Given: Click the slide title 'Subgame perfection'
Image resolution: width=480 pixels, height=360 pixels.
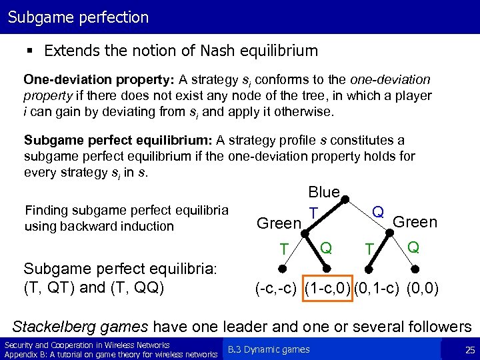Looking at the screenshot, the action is point(78,17).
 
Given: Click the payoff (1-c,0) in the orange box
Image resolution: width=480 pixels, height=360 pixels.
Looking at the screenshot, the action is point(327,289).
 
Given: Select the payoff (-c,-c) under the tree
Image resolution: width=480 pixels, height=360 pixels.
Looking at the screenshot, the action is point(278,289).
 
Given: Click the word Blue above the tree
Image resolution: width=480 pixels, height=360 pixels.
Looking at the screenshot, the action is point(324,192).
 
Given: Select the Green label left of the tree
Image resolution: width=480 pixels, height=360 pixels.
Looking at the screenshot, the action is point(279,223).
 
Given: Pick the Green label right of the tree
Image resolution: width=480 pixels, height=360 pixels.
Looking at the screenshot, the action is point(415,221).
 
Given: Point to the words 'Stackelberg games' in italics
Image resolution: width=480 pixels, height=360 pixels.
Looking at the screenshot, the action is point(81,327).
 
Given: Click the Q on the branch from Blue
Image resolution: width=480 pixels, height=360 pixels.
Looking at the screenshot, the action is point(378,211).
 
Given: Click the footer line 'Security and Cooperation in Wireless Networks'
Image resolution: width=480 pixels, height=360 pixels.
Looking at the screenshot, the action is point(87,345).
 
